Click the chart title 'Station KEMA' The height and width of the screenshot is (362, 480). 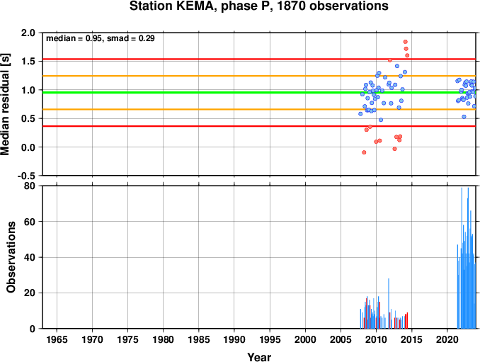pos(170,6)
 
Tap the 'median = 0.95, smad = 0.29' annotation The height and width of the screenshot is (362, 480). pos(100,38)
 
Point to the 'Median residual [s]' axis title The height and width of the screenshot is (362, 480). pos(5,104)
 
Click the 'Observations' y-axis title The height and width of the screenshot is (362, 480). pos(11,257)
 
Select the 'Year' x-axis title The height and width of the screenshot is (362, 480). pos(259,357)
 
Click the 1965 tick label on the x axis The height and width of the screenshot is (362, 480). pos(57,339)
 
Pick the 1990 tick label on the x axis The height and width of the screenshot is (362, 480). pos(234,339)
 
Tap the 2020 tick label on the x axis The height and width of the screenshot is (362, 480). pos(447,339)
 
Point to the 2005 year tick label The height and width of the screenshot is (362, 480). pos(341,339)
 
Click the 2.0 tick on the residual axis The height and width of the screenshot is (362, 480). pos(28,33)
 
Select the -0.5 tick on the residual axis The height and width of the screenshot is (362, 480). pos(26,176)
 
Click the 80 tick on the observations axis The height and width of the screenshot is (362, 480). pos(30,186)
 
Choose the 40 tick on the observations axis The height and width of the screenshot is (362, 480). pos(30,257)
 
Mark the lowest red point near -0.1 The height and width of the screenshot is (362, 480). pos(364,152)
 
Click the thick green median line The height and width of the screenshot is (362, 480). pos(259,93)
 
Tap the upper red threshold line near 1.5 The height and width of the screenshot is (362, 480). pos(259,59)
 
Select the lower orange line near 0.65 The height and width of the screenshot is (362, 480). pos(259,109)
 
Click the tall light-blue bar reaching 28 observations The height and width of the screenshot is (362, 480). pos(389,303)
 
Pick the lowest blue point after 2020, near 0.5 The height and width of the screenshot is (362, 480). pos(464,117)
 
